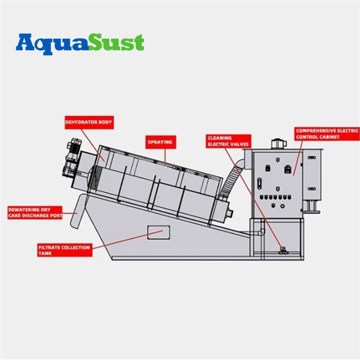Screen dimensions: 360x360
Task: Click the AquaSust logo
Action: pyautogui.click(x=80, y=43)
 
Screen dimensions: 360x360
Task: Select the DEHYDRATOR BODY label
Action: pyautogui.click(x=89, y=122)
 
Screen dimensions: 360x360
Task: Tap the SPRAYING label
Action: pyautogui.click(x=160, y=142)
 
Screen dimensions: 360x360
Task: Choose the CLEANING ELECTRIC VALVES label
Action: pyautogui.click(x=228, y=141)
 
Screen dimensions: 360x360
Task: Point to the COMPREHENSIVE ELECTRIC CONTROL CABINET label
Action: pyautogui.click(x=327, y=134)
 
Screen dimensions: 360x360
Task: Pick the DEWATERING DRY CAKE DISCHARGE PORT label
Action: pyautogui.click(x=35, y=213)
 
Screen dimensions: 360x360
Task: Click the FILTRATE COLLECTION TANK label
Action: pyautogui.click(x=65, y=250)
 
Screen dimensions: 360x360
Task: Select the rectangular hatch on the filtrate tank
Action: pyautogui.click(x=159, y=232)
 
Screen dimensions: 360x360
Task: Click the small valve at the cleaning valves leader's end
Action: pyautogui.click(x=283, y=250)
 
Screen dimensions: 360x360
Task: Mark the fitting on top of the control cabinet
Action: pyautogui.click(x=278, y=144)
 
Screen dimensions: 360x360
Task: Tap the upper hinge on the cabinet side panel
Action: pyautogui.click(x=311, y=157)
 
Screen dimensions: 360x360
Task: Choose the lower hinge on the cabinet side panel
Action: pyautogui.click(x=311, y=189)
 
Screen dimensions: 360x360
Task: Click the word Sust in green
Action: pyautogui.click(x=117, y=42)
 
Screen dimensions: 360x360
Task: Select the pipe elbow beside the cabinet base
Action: pyautogui.click(x=261, y=232)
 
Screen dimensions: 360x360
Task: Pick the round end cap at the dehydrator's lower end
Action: pyautogui.click(x=230, y=213)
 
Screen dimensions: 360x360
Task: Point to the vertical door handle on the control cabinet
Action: pyautogui.click(x=259, y=183)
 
